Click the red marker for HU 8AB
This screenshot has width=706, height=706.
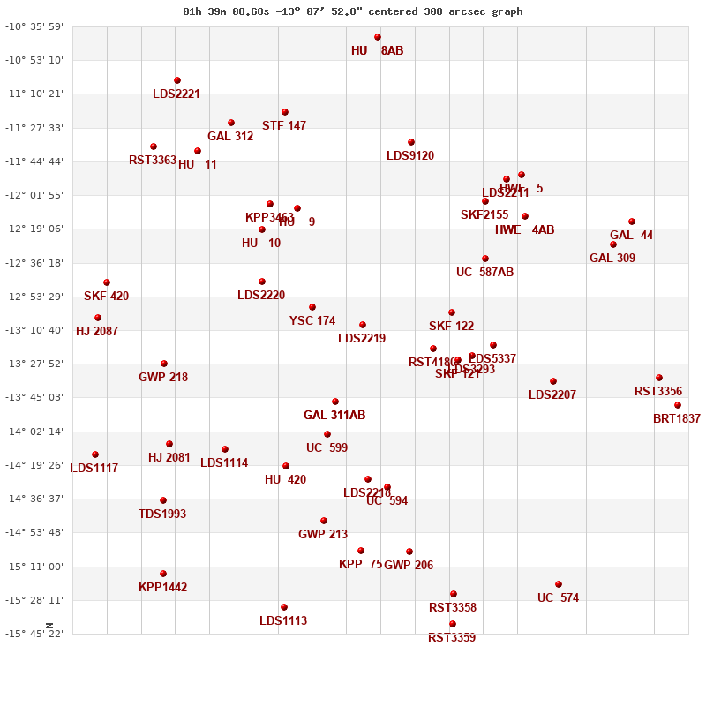tap(378, 37)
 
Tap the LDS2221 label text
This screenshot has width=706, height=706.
tap(176, 94)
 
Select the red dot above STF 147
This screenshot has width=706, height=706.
tap(285, 112)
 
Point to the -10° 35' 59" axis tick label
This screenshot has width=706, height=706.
tap(35, 26)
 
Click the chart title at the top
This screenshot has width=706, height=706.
tap(353, 11)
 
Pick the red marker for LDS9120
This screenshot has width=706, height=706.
tap(411, 142)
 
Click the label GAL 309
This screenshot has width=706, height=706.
tap(612, 259)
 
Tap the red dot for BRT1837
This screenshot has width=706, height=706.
tap(678, 405)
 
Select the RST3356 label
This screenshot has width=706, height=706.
tap(658, 392)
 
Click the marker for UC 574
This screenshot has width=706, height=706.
tap(559, 584)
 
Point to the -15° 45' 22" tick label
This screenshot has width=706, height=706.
tap(35, 634)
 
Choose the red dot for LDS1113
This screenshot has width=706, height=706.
tap(284, 607)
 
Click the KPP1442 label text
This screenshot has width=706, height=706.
tap(163, 588)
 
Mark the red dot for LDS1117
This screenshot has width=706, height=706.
tap(95, 454)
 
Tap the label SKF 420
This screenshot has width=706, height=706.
tap(107, 297)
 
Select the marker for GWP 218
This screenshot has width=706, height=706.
tap(164, 364)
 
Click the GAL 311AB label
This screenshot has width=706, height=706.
tap(334, 416)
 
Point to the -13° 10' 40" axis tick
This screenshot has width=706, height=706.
tap(35, 330)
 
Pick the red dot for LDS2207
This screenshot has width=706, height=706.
tap(553, 381)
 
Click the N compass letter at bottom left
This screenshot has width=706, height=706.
tap(49, 626)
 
